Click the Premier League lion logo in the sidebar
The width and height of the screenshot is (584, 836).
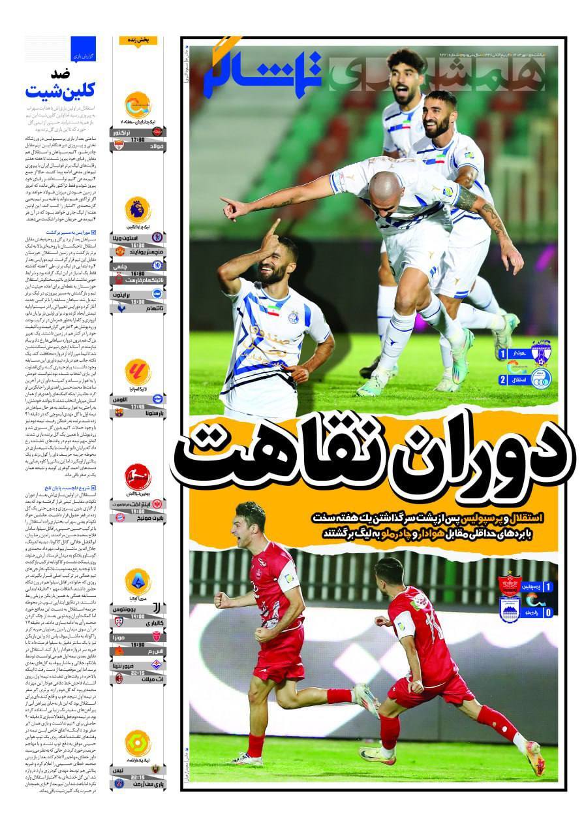[138, 210]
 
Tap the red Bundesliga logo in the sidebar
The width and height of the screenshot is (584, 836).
[138, 476]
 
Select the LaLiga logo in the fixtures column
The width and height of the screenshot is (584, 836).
[138, 372]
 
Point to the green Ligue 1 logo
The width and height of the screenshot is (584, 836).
[138, 743]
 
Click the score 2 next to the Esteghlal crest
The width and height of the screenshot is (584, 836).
[502, 379]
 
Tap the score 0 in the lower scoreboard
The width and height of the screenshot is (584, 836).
[547, 612]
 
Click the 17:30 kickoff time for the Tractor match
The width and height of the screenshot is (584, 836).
[138, 140]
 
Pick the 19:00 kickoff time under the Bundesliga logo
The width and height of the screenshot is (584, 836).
[138, 511]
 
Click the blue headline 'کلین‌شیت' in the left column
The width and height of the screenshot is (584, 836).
[58, 88]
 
